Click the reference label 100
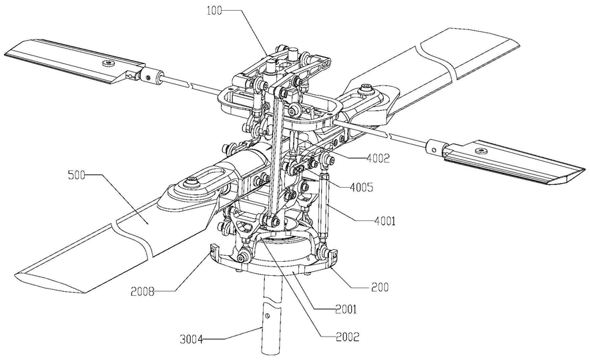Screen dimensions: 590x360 pyautogui.click(x=214, y=10)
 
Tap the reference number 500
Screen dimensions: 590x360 pyautogui.click(x=77, y=175)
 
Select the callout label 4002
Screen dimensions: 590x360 pyautogui.click(x=378, y=158)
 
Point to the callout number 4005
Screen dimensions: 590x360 pyautogui.click(x=362, y=187)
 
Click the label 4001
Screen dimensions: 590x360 pyautogui.click(x=384, y=221)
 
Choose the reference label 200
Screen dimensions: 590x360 pyautogui.click(x=380, y=287)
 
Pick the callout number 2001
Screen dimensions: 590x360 pyautogui.click(x=346, y=309)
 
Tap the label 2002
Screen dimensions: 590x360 pyautogui.click(x=347, y=336)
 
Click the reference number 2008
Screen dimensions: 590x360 pyautogui.click(x=143, y=291)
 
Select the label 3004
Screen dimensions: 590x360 pyautogui.click(x=190, y=340)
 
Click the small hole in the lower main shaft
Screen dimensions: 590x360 pyautogui.click(x=267, y=314)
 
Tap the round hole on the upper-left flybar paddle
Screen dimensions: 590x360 pyautogui.click(x=108, y=63)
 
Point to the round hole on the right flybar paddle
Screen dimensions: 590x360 pyautogui.click(x=479, y=151)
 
